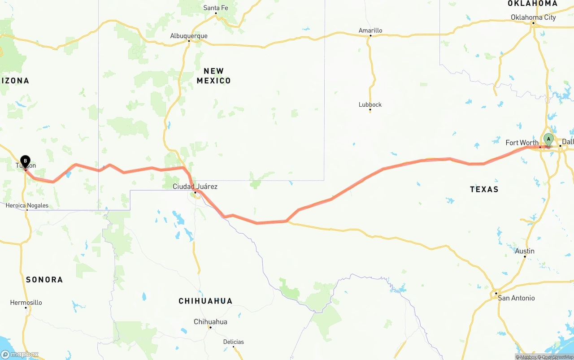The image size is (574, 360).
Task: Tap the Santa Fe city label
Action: pos(216,8)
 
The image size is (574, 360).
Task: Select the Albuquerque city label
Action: pos(189,36)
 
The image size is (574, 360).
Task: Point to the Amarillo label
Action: pos(370,30)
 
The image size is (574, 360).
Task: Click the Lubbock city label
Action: pos(370,104)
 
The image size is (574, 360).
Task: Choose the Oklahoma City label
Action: pos(533,17)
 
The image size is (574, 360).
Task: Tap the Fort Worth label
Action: pos(522,143)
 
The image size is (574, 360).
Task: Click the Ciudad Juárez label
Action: pos(195,186)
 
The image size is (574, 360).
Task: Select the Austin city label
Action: pos(525,251)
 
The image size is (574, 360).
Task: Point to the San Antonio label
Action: pos(516,298)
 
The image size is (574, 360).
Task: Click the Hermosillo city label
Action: pos(26,303)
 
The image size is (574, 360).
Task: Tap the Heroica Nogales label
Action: pos(27,206)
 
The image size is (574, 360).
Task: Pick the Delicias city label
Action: pos(234,342)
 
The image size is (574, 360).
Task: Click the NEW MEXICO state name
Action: pos(214,76)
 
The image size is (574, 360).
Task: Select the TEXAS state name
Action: pos(484,189)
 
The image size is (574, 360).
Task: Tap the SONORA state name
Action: pos(44,280)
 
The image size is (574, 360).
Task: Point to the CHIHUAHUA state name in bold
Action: pos(205,301)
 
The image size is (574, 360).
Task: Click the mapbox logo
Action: pos(20,354)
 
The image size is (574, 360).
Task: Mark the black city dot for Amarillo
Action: pos(370,36)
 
